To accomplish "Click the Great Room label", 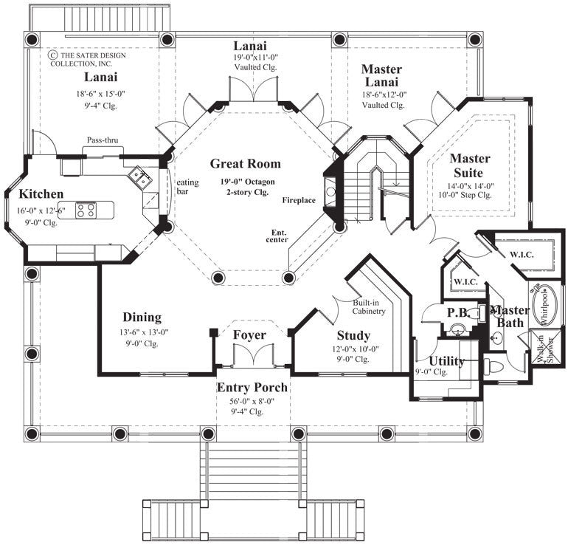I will pos(245,164).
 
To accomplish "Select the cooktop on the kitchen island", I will pos(86,210).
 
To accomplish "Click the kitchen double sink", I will pos(139,176).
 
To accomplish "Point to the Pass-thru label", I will pos(103,140).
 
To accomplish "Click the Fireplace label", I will pos(299,200).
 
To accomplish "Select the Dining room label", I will pos(142,317).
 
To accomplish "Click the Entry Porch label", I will pos(252,387).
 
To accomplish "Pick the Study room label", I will pos(353,336).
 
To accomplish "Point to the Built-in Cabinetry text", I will pos(369,308).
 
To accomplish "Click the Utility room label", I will pos(446,361).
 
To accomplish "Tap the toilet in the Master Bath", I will pos(492,365).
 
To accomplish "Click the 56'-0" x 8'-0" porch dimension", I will pos(252,402).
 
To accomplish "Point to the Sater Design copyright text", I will pos(83,59).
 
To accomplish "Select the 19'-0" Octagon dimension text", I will pos(245,180).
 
